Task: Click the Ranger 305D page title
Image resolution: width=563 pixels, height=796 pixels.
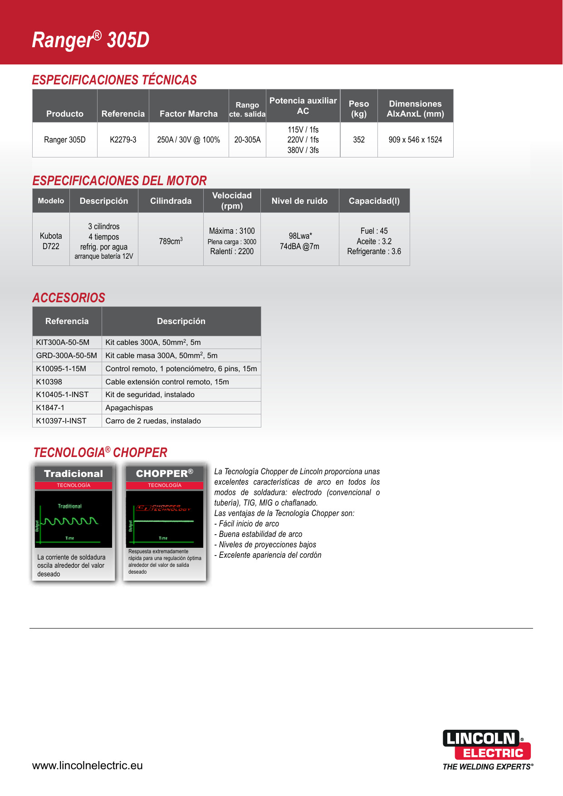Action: point(91,40)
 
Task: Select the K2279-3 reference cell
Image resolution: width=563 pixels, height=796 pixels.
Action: point(123,140)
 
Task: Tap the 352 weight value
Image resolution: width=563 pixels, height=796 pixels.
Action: point(359,140)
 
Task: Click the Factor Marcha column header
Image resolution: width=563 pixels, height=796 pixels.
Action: point(189,114)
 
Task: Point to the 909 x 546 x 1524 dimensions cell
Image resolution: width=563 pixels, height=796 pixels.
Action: point(415,140)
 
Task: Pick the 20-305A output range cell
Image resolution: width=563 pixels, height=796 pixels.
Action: point(247,140)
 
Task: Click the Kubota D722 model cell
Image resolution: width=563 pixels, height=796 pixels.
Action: point(51,241)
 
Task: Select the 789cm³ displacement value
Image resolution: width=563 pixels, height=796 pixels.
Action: point(171,241)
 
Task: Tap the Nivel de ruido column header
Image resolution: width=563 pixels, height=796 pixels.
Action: point(299,201)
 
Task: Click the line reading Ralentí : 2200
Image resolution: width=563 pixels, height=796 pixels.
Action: point(232,251)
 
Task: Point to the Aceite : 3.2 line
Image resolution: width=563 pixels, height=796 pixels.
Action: point(374,241)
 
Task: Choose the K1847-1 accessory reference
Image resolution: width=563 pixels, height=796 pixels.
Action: point(50,408)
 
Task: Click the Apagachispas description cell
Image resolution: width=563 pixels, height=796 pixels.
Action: point(129,408)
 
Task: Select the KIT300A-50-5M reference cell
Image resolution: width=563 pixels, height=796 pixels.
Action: point(63,342)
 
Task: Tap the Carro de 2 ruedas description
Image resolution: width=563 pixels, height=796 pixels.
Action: point(153,421)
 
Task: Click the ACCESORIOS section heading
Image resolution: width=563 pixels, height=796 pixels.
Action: point(69,298)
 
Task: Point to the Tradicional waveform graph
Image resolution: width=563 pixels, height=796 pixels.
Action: point(73,519)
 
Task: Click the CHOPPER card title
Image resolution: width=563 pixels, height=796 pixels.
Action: point(164,473)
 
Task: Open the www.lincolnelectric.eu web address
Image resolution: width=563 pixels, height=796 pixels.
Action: point(88,766)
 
